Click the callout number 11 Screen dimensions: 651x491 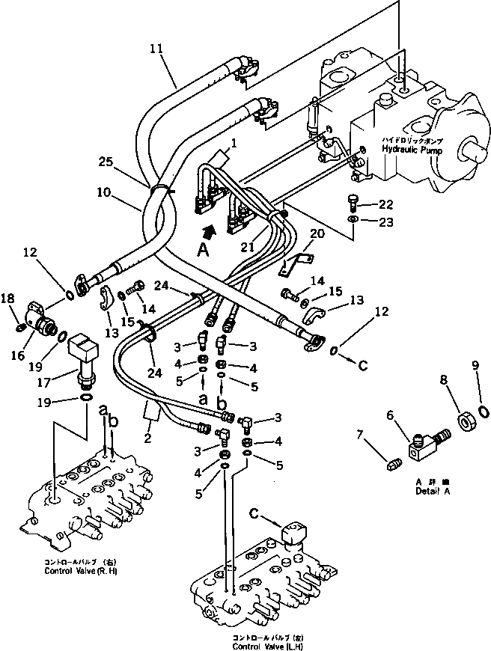pyautogui.click(x=156, y=52)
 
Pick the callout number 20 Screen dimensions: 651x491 pyautogui.click(x=317, y=233)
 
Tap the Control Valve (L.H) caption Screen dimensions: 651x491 pyautogui.click(x=267, y=646)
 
